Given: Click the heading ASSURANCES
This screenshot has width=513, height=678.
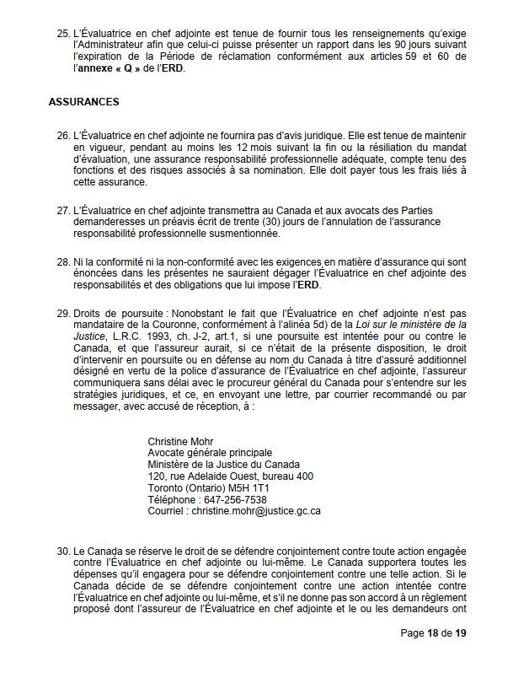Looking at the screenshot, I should tap(83, 102).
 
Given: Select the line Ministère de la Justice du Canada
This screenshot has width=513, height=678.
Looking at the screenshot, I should tap(223, 465).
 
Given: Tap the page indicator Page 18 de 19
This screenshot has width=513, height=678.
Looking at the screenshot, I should tap(433, 658).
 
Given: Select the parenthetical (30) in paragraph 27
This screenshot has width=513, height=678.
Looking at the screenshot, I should tap(310, 221).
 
